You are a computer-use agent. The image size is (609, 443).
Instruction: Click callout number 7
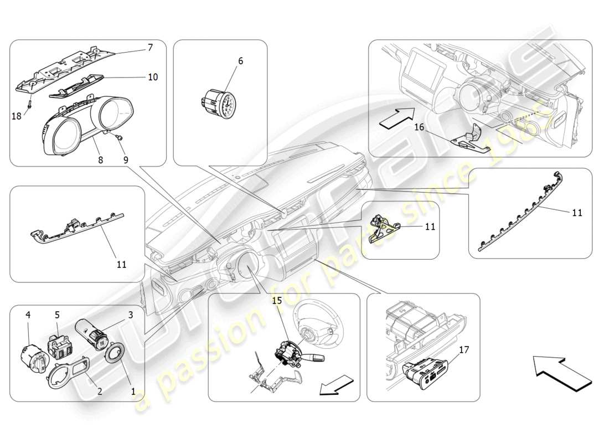150,48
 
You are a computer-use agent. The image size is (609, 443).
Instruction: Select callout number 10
153,77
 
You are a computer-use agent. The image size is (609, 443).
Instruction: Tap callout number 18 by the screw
16,115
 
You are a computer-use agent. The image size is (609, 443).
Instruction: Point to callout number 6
241,61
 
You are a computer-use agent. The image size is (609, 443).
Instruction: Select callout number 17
464,350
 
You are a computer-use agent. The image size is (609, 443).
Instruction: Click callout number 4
28,315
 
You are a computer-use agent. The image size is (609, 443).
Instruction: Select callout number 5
57,315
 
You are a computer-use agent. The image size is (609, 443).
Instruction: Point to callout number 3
131,315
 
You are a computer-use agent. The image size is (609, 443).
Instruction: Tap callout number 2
100,391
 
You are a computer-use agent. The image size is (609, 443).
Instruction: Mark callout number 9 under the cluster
126,159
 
